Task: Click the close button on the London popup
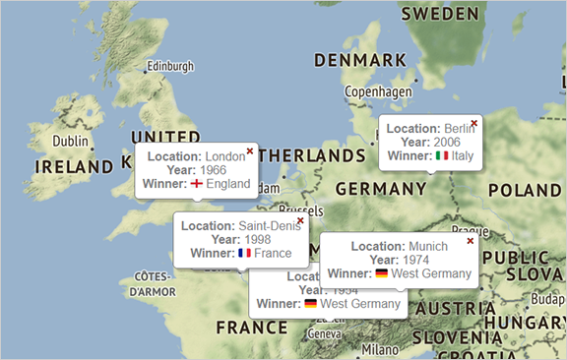pyautogui.click(x=250, y=150)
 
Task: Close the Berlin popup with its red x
pyautogui.click(x=474, y=123)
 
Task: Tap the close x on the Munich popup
pyautogui.click(x=470, y=240)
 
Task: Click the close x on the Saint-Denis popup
pyautogui.click(x=300, y=220)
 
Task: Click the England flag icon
pyautogui.click(x=197, y=184)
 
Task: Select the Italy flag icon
pyautogui.click(x=442, y=155)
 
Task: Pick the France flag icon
pyautogui.click(x=245, y=253)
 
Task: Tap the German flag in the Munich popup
pyautogui.click(x=381, y=273)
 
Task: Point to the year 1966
pyautogui.click(x=214, y=170)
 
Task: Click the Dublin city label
pyautogui.click(x=70, y=142)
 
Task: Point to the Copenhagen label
pyautogui.click(x=378, y=91)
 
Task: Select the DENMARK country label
pyautogui.click(x=359, y=60)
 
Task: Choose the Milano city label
pyautogui.click(x=380, y=349)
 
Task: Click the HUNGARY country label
pyautogui.click(x=529, y=322)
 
